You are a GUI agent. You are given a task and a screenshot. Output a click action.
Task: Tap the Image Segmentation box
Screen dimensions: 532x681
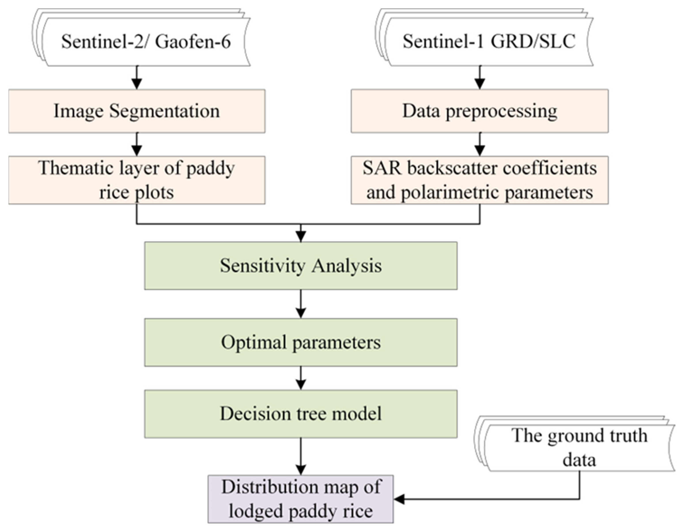[x=137, y=111]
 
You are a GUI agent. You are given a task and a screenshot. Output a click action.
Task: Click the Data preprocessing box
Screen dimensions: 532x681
[x=480, y=111]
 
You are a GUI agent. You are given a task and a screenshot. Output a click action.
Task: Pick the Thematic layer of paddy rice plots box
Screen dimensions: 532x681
[x=137, y=180]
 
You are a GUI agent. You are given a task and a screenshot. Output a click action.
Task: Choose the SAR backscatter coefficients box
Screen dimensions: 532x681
[x=480, y=180]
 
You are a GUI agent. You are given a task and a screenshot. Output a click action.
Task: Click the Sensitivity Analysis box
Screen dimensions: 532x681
[x=301, y=266]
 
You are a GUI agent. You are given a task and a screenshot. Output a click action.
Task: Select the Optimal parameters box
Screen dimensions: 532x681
[x=301, y=342]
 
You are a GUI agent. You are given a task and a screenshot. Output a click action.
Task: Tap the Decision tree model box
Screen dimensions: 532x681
[x=301, y=414]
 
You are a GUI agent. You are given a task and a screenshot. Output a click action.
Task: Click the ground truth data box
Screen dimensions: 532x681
[x=579, y=447]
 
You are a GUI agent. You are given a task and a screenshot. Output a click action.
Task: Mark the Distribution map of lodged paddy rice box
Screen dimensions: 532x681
[x=301, y=499]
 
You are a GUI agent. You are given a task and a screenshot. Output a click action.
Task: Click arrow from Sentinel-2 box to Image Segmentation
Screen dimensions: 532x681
[x=137, y=78]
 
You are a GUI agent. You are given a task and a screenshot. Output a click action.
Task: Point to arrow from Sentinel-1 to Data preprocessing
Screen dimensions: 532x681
[x=480, y=78]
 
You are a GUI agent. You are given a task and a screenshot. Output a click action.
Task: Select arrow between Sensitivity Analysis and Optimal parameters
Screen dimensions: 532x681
[x=301, y=304]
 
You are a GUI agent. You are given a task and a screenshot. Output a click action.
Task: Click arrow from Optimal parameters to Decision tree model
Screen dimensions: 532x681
[x=301, y=378]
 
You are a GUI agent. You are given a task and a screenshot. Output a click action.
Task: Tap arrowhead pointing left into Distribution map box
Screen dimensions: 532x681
[x=399, y=499]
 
